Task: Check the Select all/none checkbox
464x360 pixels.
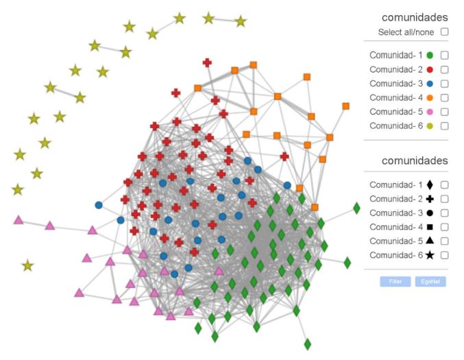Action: pos(445,32)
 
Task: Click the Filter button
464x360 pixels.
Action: pos(395,281)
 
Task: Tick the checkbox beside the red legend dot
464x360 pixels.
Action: pos(445,69)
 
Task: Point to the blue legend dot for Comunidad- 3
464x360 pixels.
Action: pos(430,84)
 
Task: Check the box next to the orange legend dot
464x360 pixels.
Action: pos(445,97)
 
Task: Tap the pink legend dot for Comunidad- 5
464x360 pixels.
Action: pos(430,112)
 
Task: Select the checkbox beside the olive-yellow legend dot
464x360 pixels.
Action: pos(445,125)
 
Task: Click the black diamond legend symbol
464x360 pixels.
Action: pos(430,184)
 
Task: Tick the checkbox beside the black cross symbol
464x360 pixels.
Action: pos(445,199)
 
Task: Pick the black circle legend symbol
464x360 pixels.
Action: pos(430,213)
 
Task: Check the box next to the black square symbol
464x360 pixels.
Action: pos(445,227)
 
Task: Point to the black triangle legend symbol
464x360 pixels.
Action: pos(430,241)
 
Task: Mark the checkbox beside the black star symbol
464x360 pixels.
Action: pos(445,255)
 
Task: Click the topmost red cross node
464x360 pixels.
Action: pos(207,63)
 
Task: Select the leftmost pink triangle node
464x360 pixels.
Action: pos(19,220)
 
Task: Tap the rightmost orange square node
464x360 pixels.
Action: pos(345,106)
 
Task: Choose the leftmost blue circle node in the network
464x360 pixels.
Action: pos(99,204)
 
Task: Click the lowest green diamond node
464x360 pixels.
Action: pos(307,343)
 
